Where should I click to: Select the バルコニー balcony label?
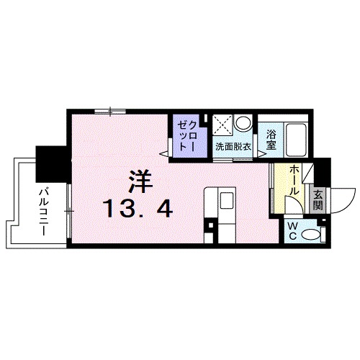(x=43, y=204)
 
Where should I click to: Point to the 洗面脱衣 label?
(x=233, y=146)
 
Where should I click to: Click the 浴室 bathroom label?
(x=271, y=139)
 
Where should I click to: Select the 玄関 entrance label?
(x=318, y=198)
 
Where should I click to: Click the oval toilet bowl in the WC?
(x=311, y=234)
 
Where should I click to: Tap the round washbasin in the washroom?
(x=243, y=123)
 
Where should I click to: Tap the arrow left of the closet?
(x=164, y=153)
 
